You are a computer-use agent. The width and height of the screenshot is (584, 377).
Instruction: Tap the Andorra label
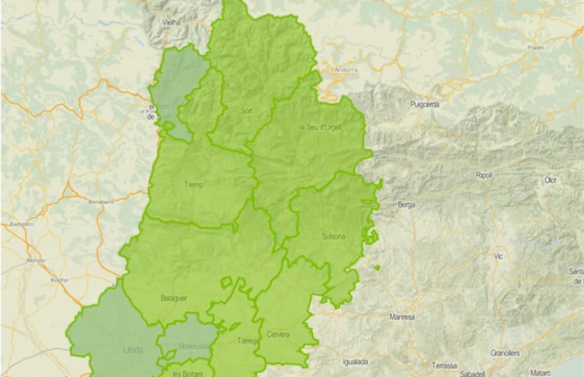[346, 70]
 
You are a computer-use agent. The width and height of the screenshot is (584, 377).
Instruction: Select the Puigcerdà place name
[425, 105]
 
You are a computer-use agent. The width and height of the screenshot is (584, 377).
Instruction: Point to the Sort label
[246, 111]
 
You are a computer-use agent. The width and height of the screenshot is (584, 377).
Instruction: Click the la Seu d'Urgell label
[320, 127]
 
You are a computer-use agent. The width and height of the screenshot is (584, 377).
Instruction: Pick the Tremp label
[194, 185]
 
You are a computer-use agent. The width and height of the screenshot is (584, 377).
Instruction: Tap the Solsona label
[333, 236]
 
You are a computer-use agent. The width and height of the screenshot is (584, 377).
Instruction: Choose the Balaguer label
[174, 298]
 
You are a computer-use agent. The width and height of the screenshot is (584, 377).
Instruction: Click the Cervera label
[278, 334]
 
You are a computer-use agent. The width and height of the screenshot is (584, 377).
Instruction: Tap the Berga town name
[407, 204]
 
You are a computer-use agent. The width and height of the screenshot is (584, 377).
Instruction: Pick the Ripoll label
[484, 175]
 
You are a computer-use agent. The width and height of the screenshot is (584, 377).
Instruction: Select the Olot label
[551, 180]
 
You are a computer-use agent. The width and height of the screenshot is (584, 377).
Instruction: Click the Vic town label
[497, 256]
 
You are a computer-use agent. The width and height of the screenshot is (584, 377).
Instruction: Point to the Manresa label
[402, 317]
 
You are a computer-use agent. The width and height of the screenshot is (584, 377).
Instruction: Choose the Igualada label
[356, 362]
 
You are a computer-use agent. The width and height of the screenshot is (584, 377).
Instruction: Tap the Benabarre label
[101, 202]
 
